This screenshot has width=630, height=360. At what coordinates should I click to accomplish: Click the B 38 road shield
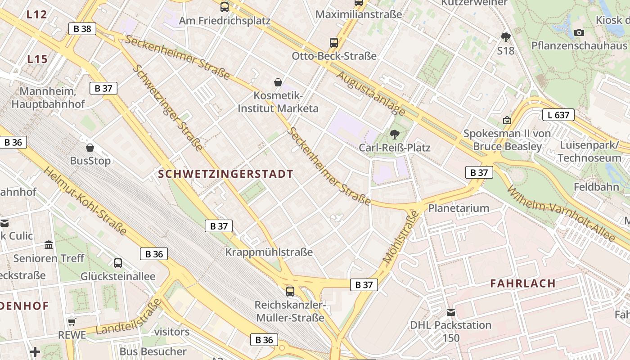point(82,29)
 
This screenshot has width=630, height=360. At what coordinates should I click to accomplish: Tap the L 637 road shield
point(558,115)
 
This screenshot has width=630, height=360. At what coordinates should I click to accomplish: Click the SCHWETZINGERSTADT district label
point(225,174)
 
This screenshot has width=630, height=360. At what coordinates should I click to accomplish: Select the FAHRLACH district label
point(523,283)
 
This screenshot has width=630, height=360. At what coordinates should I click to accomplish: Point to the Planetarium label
point(459,208)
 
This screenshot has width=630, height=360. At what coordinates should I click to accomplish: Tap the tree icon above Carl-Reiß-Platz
point(395,134)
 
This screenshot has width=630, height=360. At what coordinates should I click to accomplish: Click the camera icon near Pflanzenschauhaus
point(579,32)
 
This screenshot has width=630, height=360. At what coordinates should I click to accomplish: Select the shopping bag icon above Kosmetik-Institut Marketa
point(278,82)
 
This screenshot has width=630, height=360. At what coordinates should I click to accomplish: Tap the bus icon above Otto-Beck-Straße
point(333,43)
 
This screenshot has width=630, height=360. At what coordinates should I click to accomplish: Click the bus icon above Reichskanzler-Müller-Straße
point(290,291)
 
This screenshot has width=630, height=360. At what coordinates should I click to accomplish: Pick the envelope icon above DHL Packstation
point(451,312)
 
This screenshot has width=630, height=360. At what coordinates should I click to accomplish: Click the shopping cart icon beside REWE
point(72,322)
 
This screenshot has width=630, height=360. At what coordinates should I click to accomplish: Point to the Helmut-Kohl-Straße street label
point(85,200)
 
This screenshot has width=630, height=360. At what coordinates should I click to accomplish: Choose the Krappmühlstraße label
point(269,252)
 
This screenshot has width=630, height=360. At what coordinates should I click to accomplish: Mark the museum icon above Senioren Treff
point(49,245)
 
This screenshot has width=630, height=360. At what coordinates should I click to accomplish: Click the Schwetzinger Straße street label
point(168,108)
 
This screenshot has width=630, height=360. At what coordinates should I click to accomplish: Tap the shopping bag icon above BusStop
point(90,148)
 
